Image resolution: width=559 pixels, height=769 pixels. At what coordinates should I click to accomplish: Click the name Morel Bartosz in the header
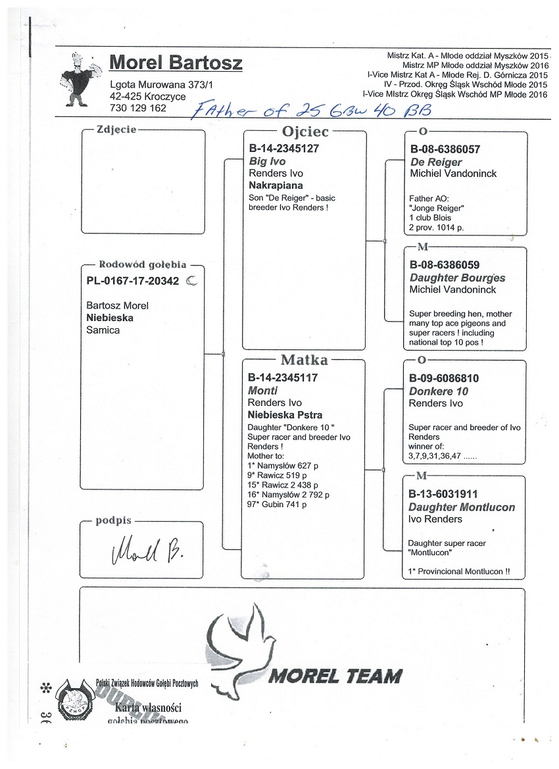tap(176, 63)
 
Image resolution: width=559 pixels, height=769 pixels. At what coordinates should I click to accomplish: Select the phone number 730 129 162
tap(138, 107)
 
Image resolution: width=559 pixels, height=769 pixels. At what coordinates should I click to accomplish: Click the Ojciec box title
tap(304, 132)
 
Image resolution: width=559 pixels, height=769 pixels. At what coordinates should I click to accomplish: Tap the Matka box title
tap(304, 360)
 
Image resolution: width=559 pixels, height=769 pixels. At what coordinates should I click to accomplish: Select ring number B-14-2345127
tap(283, 149)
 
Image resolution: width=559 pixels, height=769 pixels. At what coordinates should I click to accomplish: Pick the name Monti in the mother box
tap(260, 390)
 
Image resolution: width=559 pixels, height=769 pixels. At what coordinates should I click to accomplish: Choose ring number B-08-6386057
tap(445, 149)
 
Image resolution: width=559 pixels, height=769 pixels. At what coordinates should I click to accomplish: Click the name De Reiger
tap(435, 162)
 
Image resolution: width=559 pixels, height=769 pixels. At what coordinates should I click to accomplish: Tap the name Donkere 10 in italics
tap(439, 391)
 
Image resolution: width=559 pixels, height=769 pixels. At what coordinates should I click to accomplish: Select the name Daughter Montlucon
tap(462, 507)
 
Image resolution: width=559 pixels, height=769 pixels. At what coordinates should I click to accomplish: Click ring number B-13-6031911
tap(443, 494)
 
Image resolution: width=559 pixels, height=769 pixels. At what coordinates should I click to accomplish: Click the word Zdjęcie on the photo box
tap(116, 130)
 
